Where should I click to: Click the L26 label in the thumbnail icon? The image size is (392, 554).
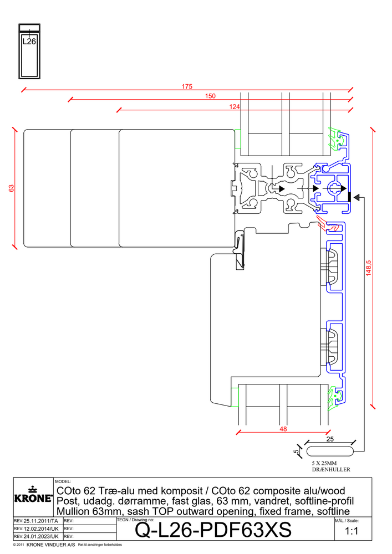pos(29,40)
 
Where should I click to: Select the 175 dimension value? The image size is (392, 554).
pos(187,86)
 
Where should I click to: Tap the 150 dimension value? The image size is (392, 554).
pos(210,96)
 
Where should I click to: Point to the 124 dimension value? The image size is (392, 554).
pos(235,106)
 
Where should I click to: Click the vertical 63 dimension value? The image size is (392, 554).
pos(11,188)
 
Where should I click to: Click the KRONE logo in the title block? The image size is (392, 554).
pos(33,495)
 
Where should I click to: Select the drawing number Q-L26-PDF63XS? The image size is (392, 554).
pos(213,530)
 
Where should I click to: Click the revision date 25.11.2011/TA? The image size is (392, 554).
pos(37,521)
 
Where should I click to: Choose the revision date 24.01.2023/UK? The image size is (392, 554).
pos(37,537)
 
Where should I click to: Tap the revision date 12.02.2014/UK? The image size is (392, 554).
pos(37,529)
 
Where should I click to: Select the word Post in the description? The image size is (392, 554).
pos(68,501)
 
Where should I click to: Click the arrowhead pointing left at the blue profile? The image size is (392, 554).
pos(357,197)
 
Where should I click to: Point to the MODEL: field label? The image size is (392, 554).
pos(63,482)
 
